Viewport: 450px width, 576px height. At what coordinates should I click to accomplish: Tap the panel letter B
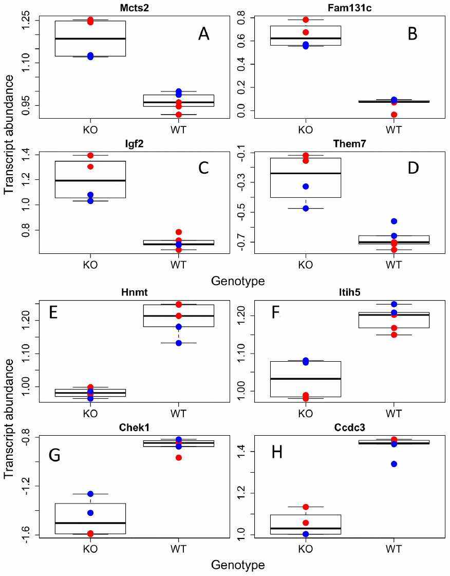tap(413, 34)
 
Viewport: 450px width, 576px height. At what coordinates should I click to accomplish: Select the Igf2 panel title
tap(90, 144)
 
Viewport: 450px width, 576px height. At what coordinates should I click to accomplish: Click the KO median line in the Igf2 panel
tap(90, 180)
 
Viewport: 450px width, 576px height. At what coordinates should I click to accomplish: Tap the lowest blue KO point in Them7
tap(306, 209)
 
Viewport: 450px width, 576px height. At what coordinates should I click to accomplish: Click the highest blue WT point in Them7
tap(394, 221)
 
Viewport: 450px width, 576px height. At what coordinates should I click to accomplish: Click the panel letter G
tap(55, 455)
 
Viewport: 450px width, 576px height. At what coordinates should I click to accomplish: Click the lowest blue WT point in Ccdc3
tap(394, 464)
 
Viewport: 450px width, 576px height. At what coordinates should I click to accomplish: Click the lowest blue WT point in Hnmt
tap(179, 343)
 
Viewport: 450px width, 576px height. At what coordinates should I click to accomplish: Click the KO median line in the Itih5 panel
tap(306, 379)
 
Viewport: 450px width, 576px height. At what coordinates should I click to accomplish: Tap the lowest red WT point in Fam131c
tap(394, 115)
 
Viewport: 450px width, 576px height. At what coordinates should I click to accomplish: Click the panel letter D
tap(413, 168)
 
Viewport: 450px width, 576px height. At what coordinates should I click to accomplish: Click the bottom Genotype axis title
tap(238, 565)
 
